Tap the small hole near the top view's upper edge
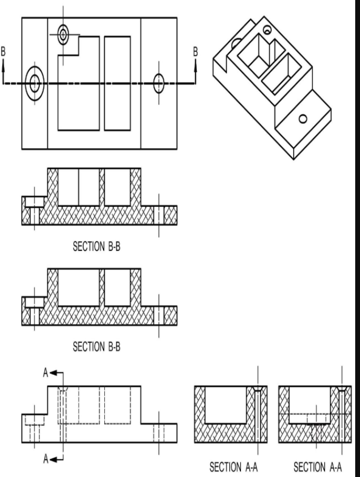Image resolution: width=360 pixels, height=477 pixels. point(64,35)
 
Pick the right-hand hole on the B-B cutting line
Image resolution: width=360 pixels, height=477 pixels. point(159,83)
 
